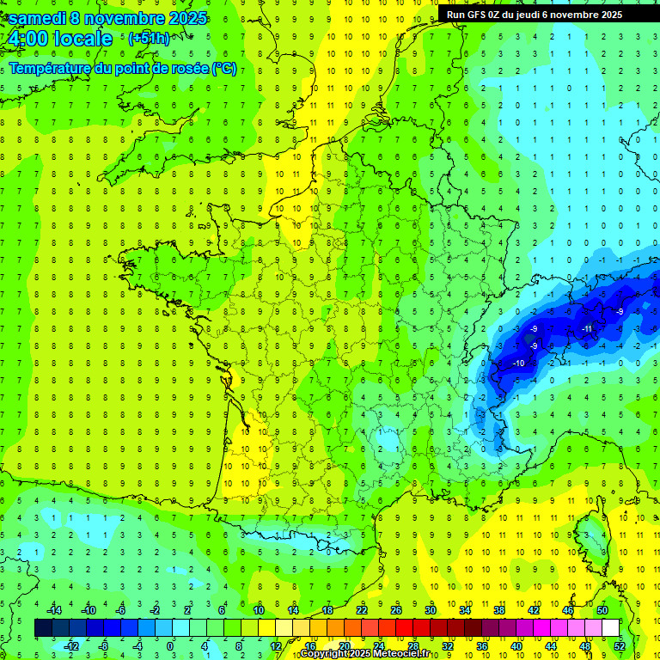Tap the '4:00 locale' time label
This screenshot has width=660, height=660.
click(60, 39)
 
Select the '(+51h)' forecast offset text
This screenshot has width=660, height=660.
click(149, 39)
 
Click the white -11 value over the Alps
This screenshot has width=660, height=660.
click(588, 329)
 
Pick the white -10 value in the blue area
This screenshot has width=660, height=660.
click(519, 364)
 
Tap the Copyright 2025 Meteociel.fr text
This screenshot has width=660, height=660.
click(364, 654)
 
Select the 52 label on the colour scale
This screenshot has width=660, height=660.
click(620, 645)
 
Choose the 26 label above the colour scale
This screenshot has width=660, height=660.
click(396, 610)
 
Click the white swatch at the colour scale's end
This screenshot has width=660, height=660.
click(610, 628)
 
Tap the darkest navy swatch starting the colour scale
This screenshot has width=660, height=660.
click(43, 628)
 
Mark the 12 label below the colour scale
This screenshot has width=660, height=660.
click(276, 645)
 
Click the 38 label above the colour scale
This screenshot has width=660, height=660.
click(499, 610)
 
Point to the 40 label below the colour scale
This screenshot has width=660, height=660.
click(516, 645)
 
